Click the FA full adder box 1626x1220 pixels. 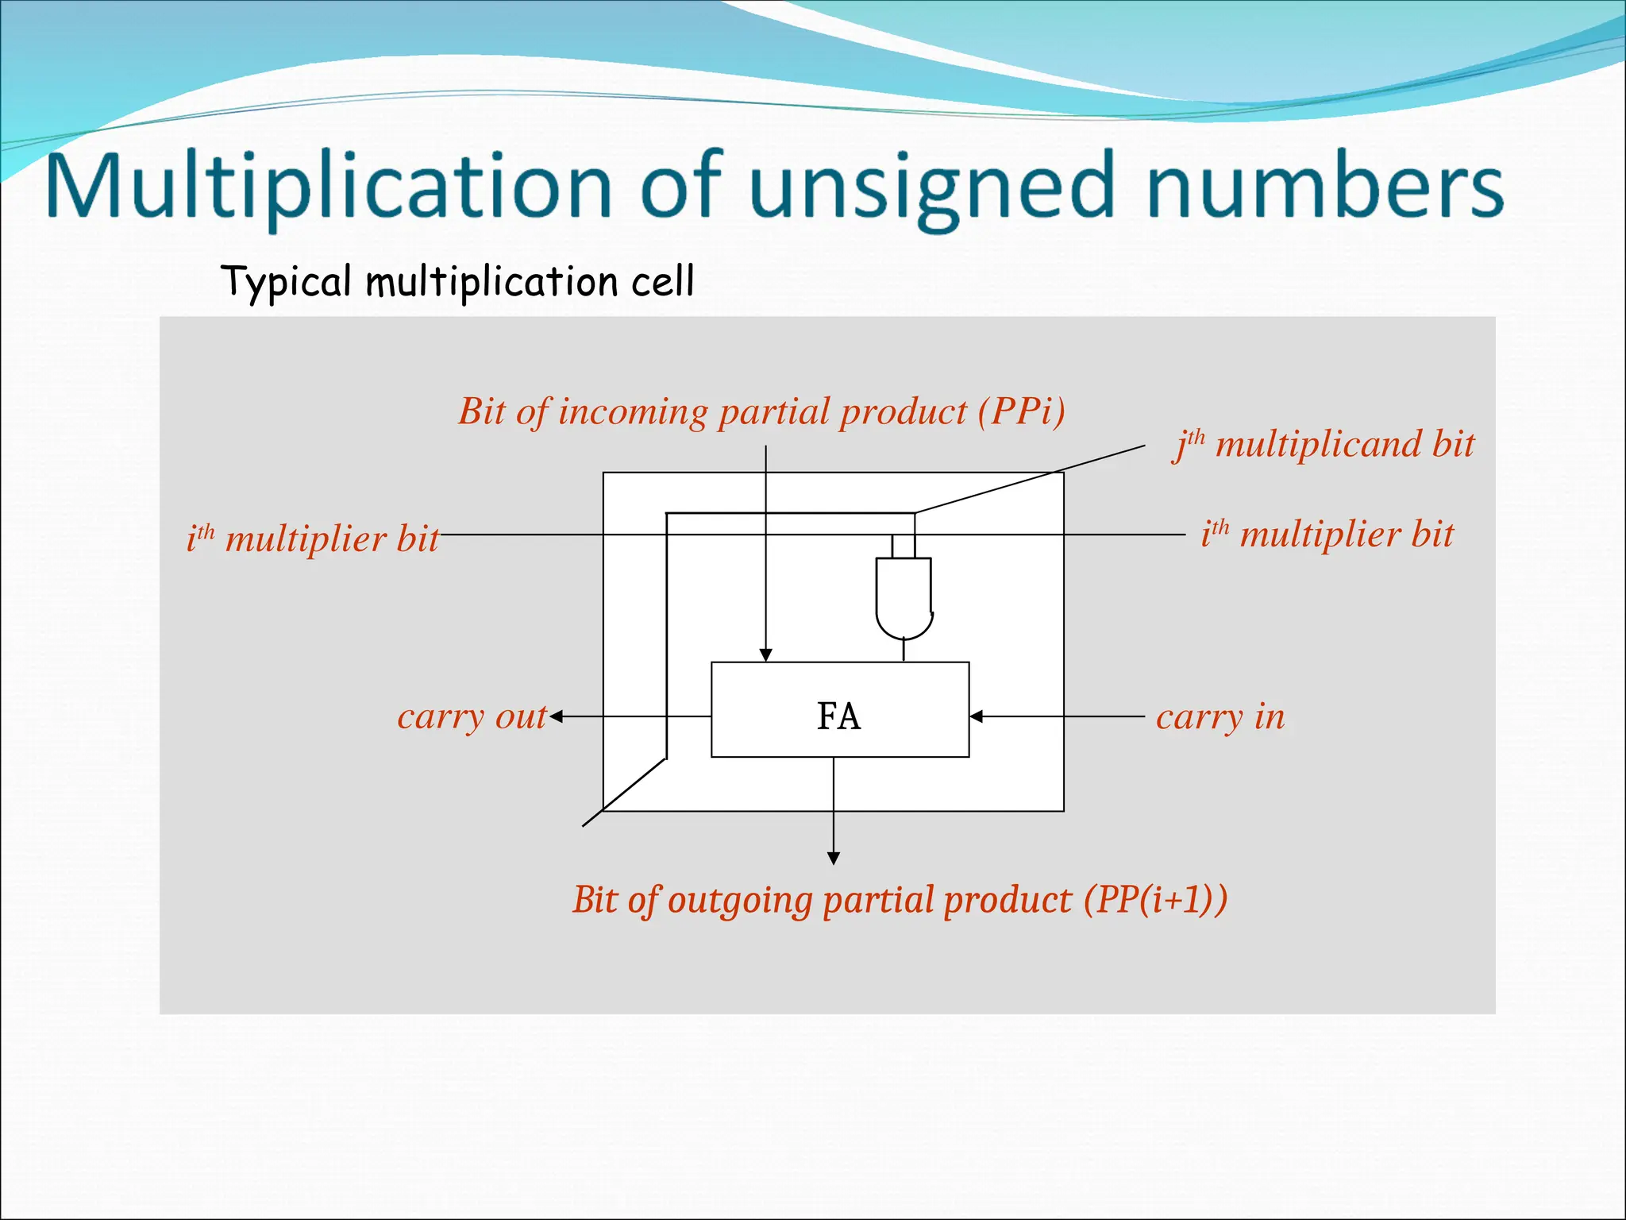[839, 709]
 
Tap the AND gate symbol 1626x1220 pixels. [904, 597]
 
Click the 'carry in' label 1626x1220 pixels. [1220, 716]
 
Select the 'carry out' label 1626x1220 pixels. [472, 716]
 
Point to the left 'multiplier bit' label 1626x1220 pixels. [313, 539]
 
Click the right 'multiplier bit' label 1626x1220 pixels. [1327, 534]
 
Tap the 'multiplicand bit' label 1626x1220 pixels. [1325, 444]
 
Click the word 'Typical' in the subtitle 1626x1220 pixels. [286, 283]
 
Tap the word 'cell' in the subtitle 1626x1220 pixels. [663, 281]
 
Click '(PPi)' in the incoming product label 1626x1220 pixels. [1022, 411]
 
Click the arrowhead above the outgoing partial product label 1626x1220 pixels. [834, 858]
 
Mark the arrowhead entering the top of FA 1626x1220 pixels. [765, 654]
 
